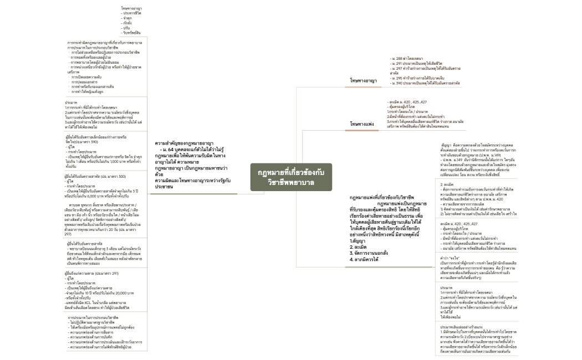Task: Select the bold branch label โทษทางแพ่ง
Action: click(x=363, y=124)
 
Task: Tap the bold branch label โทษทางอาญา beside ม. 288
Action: click(x=364, y=80)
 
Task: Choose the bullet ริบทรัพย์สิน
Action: click(x=134, y=33)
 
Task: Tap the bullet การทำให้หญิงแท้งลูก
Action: click(x=88, y=91)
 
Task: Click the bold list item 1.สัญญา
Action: click(x=360, y=241)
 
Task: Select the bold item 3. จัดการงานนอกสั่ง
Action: click(x=370, y=253)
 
